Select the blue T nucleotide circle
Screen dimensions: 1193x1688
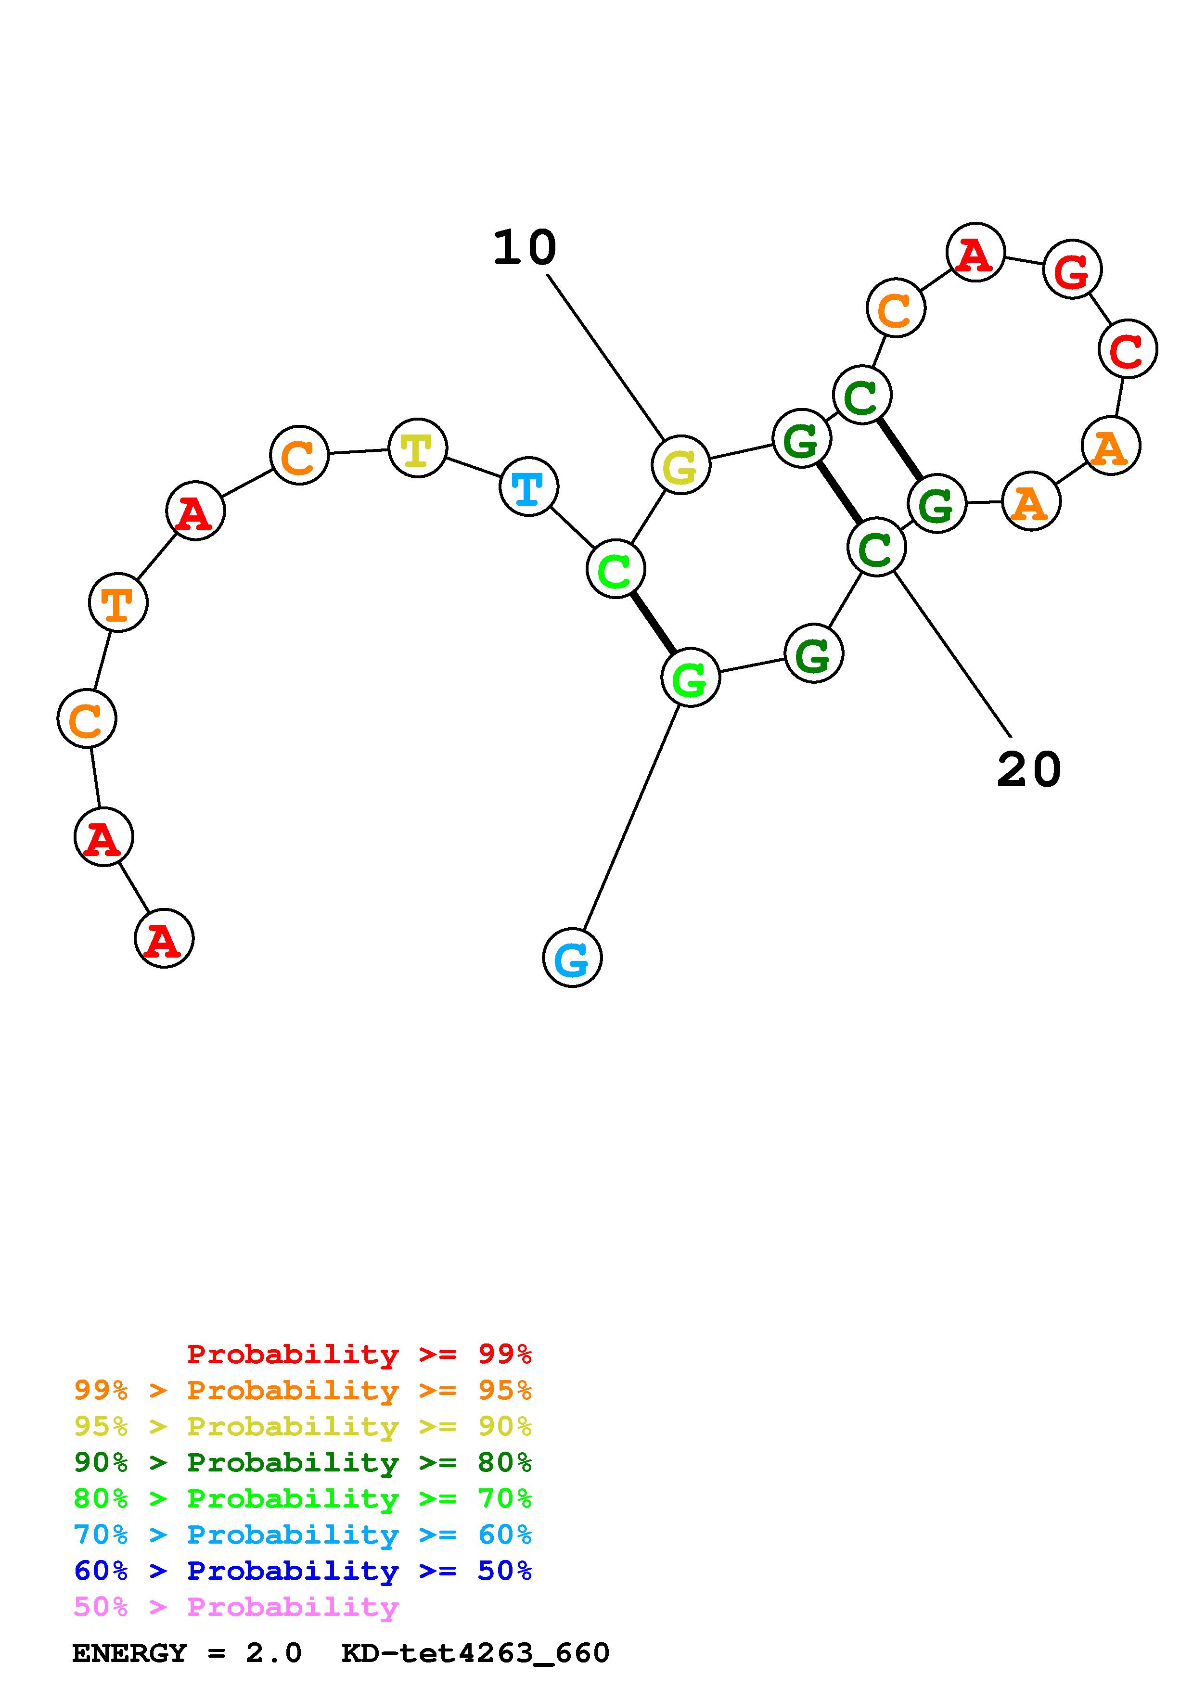(x=528, y=486)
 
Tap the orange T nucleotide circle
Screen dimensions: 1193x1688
(x=117, y=603)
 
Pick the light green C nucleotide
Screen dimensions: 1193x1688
(x=615, y=569)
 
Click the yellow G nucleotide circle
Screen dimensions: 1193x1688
(x=680, y=465)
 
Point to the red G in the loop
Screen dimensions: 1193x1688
(x=1072, y=270)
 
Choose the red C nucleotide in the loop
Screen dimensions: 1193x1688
(x=1128, y=349)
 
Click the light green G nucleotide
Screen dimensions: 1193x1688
(x=690, y=678)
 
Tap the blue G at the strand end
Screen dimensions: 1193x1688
(x=572, y=958)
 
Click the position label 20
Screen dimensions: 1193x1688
(x=1028, y=770)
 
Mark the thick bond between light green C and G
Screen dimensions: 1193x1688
(x=653, y=624)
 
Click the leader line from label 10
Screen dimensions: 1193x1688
(x=605, y=357)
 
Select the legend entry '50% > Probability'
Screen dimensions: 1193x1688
(x=236, y=1607)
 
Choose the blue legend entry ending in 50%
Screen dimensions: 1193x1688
(x=302, y=1571)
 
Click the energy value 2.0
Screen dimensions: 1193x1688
(x=273, y=1653)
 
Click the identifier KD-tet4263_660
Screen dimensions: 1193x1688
(x=475, y=1653)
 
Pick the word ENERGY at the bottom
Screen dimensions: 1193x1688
(x=129, y=1653)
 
